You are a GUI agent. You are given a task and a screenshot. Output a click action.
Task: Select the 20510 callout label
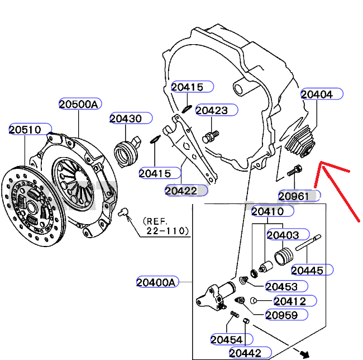(25, 130)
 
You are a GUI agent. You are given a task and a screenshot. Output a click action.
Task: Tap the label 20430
(126, 119)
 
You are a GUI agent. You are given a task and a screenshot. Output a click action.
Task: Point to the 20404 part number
(317, 94)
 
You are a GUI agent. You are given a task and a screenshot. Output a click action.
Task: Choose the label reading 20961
(294, 196)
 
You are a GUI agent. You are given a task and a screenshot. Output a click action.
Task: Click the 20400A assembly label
(156, 282)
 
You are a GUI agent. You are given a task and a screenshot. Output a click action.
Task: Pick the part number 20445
(307, 271)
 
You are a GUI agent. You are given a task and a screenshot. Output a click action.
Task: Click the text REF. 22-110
(165, 225)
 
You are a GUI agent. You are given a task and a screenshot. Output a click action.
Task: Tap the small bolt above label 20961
(295, 170)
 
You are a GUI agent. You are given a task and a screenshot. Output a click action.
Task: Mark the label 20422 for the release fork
(180, 191)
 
